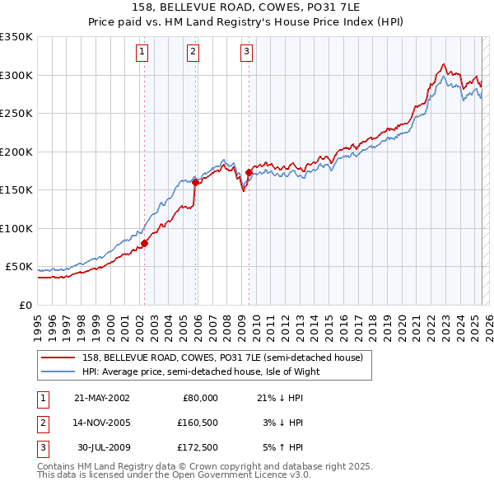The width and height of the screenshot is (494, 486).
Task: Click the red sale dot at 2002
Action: pyautogui.click(x=144, y=243)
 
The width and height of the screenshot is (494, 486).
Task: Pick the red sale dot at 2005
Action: pyautogui.click(x=196, y=183)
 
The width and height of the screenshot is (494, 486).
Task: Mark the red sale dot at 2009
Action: pyautogui.click(x=249, y=172)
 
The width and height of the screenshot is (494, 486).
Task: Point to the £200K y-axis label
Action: pyautogui.click(x=16, y=152)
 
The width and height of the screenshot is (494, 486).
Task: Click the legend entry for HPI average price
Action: pyautogui.click(x=200, y=372)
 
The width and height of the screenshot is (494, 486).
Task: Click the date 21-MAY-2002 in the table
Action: pyautogui.click(x=102, y=398)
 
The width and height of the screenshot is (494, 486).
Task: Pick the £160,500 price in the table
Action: pyautogui.click(x=198, y=423)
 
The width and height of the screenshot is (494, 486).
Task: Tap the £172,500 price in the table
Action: pyautogui.click(x=198, y=448)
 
